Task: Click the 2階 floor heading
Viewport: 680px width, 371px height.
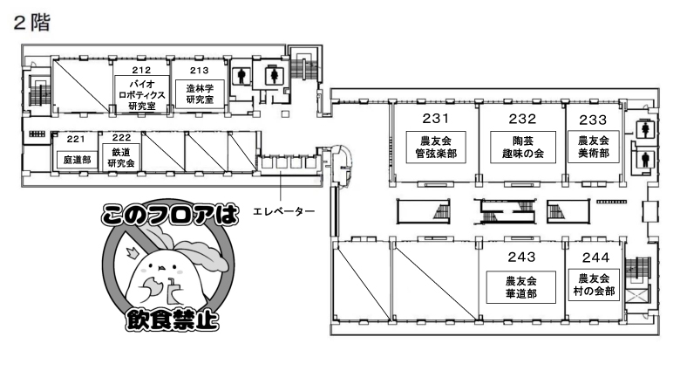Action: coord(32,23)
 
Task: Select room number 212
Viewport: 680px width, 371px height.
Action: coord(141,70)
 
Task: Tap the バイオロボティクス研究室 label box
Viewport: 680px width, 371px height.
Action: coord(142,94)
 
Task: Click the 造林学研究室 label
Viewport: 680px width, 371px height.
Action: coord(200,93)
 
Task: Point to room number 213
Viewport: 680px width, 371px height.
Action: coord(199,71)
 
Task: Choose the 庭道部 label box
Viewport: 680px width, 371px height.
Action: coord(77,160)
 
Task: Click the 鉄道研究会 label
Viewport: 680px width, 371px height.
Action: coord(121,157)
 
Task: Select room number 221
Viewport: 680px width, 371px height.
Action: coord(76,139)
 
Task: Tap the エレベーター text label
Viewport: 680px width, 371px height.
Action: coord(283,211)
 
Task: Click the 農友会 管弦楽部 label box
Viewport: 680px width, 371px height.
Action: coord(436,148)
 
